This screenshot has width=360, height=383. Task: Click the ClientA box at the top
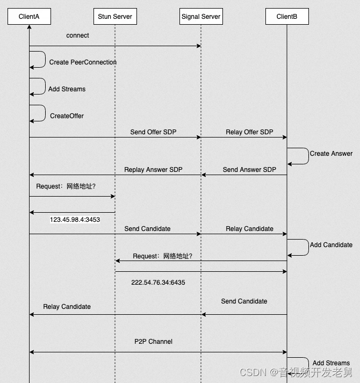tap(29, 17)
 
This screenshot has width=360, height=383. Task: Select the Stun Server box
tap(115, 17)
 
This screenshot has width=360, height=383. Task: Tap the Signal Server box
tap(201, 17)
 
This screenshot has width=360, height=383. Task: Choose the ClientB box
tap(287, 17)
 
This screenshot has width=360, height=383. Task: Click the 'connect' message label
tap(78, 35)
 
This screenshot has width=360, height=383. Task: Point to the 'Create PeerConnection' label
tap(83, 62)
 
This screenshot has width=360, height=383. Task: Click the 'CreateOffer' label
tap(67, 115)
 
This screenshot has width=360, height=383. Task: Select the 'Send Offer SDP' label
tap(153, 132)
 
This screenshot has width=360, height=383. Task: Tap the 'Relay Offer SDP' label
tap(249, 132)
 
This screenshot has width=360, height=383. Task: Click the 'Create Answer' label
tap(331, 154)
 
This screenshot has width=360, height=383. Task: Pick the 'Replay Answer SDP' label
tap(153, 170)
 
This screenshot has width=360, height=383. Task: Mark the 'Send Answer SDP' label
tap(249, 170)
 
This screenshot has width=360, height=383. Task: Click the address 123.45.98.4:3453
tap(75, 220)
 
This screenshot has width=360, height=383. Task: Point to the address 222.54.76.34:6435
tap(158, 282)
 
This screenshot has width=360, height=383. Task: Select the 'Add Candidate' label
tap(331, 245)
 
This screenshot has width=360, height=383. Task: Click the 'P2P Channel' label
tap(153, 342)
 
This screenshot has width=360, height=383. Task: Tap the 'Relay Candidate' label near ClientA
tap(67, 307)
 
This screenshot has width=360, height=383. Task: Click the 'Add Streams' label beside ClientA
tap(67, 89)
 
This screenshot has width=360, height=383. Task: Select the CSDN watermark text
tap(296, 372)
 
